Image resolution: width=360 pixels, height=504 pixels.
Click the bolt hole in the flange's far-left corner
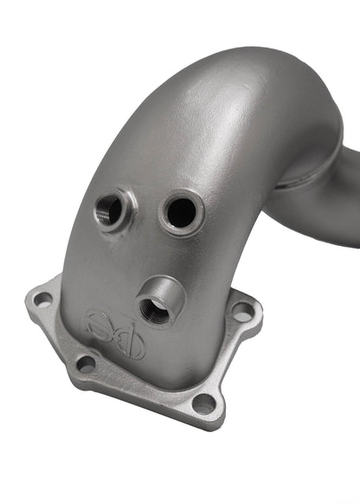coord(42,300)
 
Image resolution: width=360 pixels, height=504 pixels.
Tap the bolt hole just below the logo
coord(86,363)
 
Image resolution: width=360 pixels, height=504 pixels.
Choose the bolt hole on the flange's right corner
coord(243,309)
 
